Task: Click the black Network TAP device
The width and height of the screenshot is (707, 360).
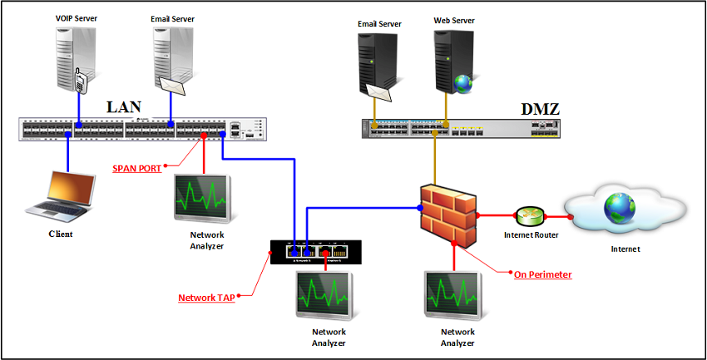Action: pos(316,250)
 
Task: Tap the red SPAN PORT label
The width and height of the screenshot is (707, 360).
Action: pos(137,168)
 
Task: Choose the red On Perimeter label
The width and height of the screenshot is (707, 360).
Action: pos(542,274)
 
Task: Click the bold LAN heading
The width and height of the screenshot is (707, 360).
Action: pos(124,106)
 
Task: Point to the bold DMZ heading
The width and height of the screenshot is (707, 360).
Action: pos(538,109)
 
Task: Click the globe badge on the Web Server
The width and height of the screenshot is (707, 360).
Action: pos(462,82)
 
